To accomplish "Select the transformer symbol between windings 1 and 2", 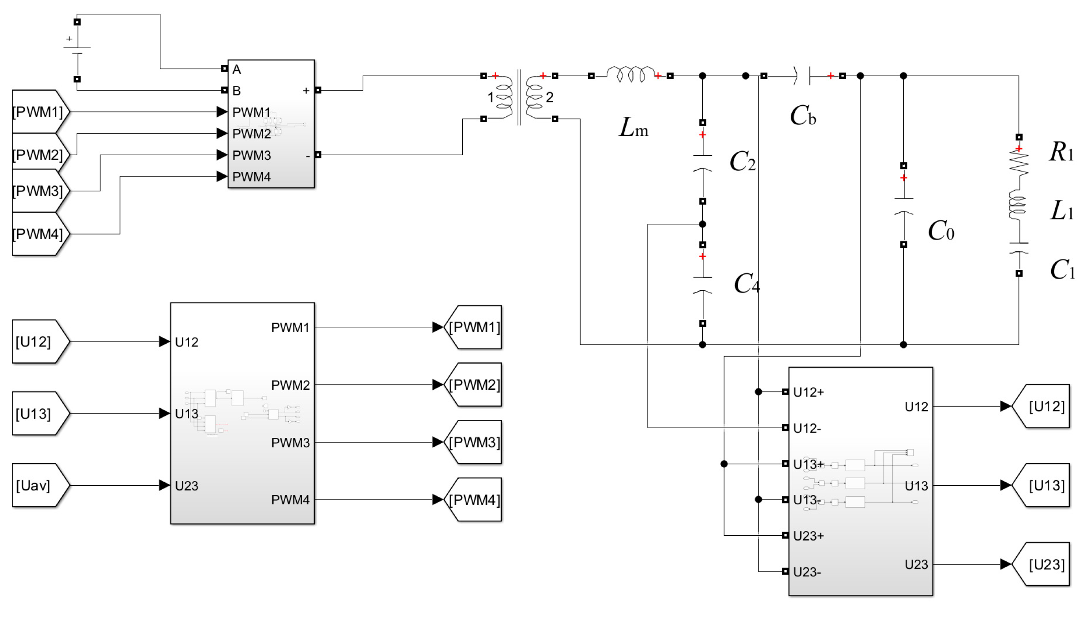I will (519, 97).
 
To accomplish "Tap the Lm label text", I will (633, 128).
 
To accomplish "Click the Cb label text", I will (802, 116).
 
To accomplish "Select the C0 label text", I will (941, 231).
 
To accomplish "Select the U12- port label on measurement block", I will (807, 428).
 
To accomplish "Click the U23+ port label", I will (808, 536).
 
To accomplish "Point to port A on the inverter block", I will (236, 69).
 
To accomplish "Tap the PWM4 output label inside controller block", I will (290, 500).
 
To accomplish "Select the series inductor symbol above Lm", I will (631, 74).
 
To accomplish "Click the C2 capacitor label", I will (742, 161).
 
